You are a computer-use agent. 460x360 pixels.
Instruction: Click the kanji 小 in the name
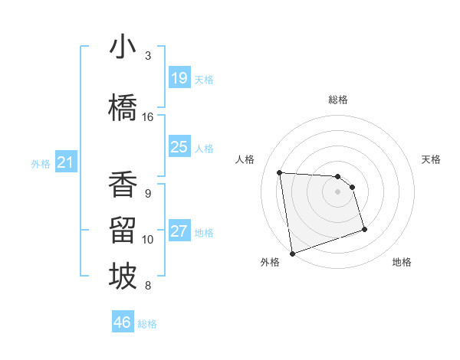(123, 48)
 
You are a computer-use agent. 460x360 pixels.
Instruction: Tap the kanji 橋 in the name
(123, 109)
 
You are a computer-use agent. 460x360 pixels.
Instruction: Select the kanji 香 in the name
(123, 185)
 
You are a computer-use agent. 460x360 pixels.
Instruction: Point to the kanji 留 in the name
(123, 231)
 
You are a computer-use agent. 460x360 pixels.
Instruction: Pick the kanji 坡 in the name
(123, 277)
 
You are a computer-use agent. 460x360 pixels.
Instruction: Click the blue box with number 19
(179, 78)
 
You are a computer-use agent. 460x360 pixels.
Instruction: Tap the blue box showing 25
(179, 147)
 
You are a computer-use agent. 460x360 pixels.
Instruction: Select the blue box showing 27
(179, 231)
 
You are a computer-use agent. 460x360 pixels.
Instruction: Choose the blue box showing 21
(65, 162)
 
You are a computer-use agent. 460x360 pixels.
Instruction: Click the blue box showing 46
(123, 322)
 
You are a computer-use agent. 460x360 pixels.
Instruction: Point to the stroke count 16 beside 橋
(148, 117)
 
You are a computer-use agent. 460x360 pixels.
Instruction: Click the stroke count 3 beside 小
(148, 56)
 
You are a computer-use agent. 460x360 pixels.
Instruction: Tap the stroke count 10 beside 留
(148, 240)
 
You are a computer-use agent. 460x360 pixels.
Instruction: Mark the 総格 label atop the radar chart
(338, 100)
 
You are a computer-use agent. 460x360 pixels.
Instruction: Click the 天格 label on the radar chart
(432, 159)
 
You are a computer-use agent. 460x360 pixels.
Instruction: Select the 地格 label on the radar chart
(402, 262)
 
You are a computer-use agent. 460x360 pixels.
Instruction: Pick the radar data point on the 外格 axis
(291, 253)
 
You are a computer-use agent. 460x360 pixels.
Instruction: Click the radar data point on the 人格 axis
(280, 172)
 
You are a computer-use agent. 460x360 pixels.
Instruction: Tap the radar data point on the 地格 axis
(364, 229)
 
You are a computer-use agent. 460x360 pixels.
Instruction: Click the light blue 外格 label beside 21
(40, 163)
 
